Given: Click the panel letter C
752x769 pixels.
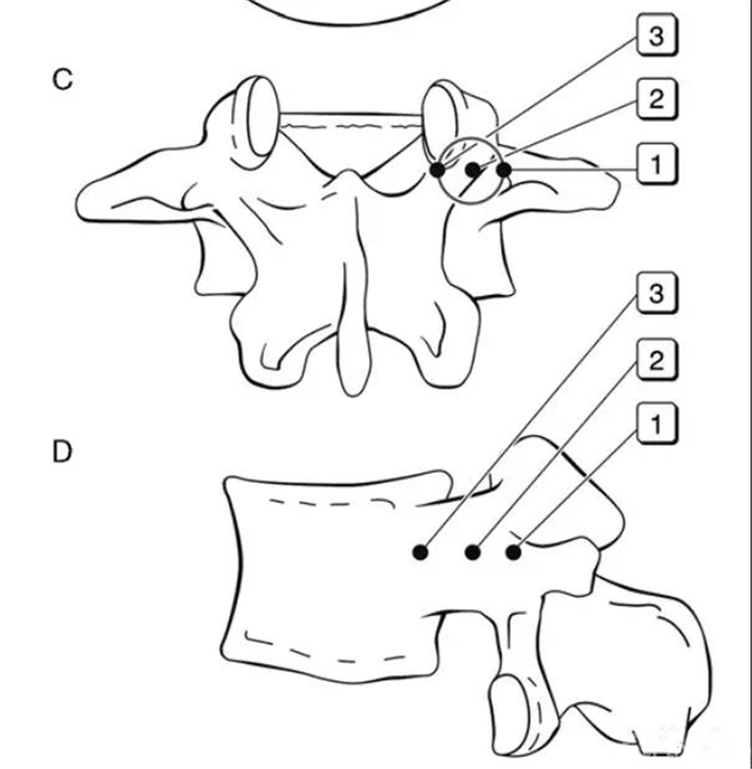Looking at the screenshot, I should point(61,80).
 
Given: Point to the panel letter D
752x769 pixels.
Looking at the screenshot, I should point(62,452).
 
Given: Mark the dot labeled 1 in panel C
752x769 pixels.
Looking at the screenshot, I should point(504,170).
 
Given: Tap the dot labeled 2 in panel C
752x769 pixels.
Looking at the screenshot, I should point(472,170).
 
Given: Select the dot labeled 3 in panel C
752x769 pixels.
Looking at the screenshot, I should point(437,170).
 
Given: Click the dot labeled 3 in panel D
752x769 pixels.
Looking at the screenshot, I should point(419,553).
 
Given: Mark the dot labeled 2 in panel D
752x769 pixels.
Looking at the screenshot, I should point(473,553).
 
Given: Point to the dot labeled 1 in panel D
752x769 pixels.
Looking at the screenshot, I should point(513,553).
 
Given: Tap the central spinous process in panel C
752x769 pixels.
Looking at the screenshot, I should point(352,310).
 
